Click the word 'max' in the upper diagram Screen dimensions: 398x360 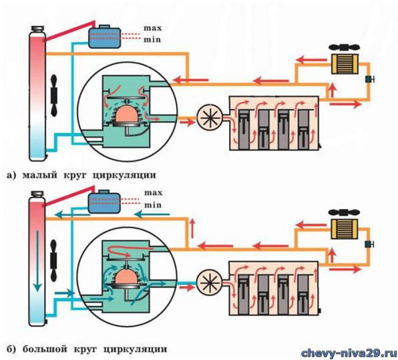(152, 28)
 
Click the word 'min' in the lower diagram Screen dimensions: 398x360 (153, 204)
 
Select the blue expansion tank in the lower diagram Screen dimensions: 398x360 (104, 202)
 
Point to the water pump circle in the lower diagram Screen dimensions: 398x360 (210, 282)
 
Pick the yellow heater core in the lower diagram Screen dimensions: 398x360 (344, 228)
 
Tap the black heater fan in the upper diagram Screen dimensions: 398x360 (344, 47)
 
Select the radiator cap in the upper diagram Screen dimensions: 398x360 (37, 29)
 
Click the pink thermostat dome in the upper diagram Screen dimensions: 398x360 (127, 114)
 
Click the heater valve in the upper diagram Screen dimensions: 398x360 (369, 79)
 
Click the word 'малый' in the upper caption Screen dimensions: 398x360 (39, 175)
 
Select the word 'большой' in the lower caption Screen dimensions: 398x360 (45, 349)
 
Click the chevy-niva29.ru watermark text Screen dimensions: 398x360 (349, 353)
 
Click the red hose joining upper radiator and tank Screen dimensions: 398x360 (69, 31)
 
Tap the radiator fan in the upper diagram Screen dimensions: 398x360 (54, 96)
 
